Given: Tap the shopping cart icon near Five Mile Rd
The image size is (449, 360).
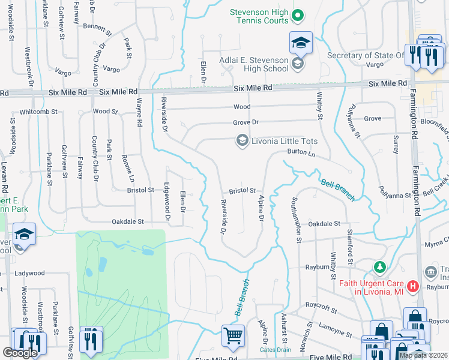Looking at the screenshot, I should point(232,335).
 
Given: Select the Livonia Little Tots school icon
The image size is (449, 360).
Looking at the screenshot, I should point(242,141).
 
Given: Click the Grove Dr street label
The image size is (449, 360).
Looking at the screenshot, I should point(246,122).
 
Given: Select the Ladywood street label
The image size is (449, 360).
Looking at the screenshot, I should point(30,273).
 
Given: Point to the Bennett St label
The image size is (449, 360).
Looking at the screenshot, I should point(98,27).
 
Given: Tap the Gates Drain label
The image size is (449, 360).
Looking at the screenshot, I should point(275,350).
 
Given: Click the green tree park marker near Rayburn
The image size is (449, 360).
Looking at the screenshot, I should point(379,266).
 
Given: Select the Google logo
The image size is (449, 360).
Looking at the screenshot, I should point(20,353).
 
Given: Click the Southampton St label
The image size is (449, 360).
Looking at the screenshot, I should point(296,220).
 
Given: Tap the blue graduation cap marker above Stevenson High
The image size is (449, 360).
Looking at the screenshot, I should point(301,43).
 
